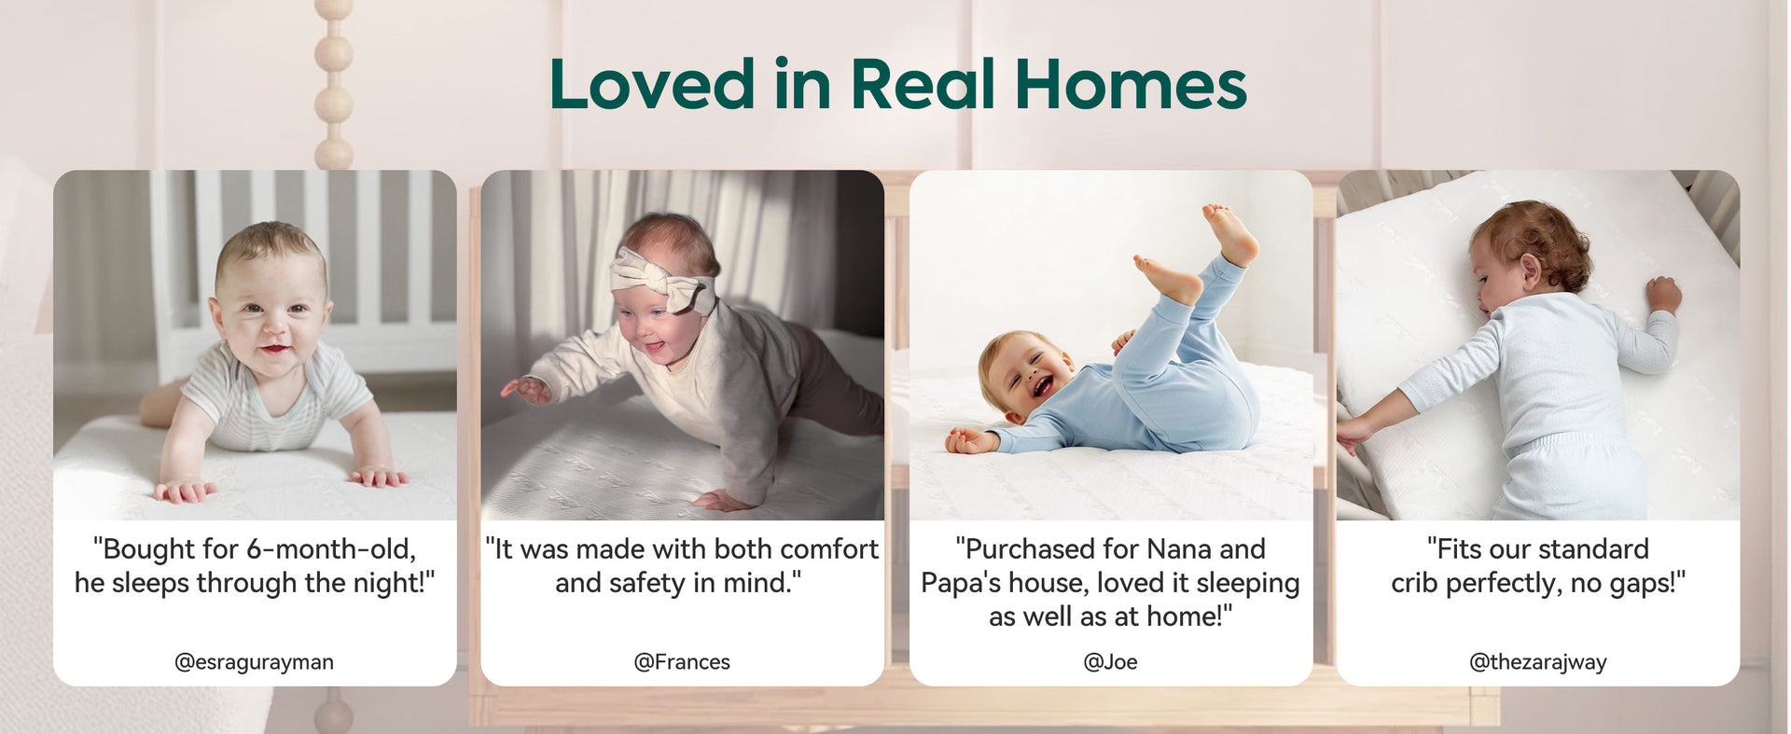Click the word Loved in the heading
point(652,84)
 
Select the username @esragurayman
point(254,662)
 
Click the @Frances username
point(682,662)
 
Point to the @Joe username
point(1110,662)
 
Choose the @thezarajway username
point(1538,662)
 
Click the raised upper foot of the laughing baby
point(1231,233)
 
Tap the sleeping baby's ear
point(1530,270)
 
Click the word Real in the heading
point(923,84)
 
